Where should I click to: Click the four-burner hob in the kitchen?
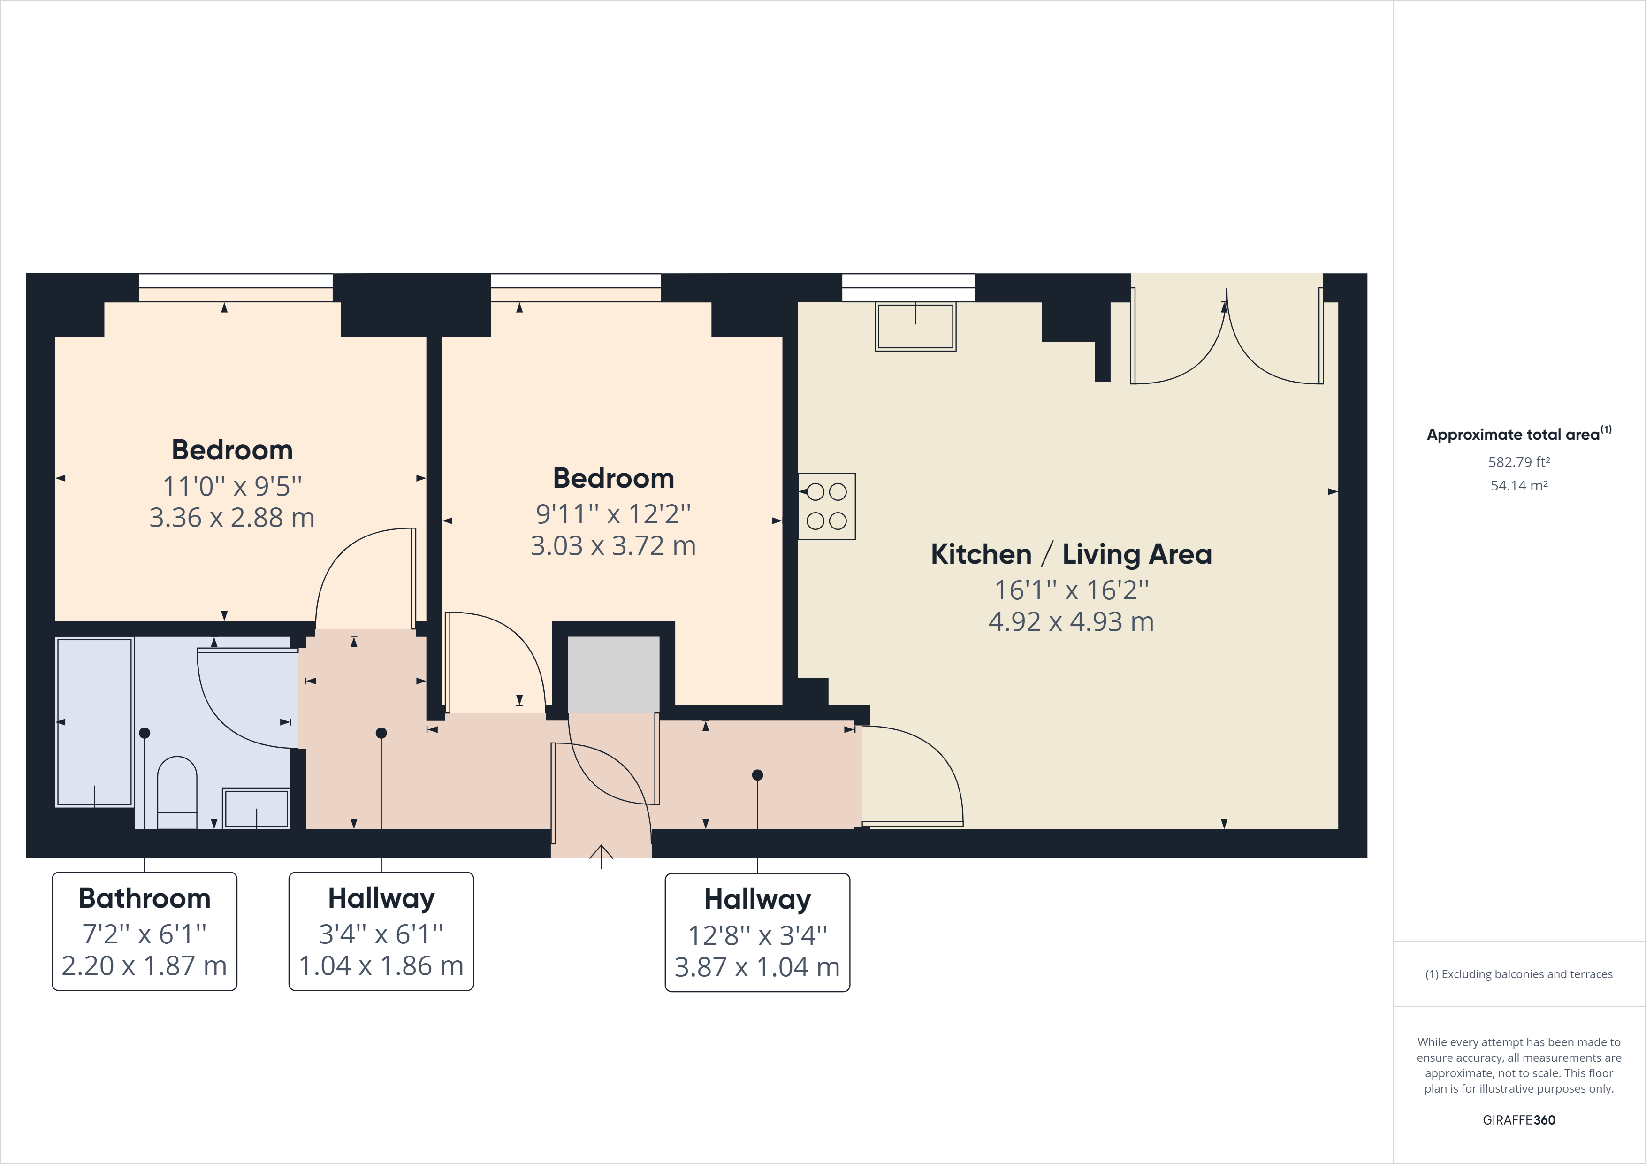point(827,506)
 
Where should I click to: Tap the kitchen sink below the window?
point(915,326)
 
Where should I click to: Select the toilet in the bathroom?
point(176,792)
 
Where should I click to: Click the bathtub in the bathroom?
point(94,722)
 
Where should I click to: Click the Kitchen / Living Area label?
point(1071,554)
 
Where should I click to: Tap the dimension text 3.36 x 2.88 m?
point(232,518)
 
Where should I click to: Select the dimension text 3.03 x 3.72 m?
point(613,546)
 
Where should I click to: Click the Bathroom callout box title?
point(144,898)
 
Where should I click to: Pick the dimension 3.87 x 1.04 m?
point(757,967)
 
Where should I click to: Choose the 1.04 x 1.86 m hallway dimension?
point(381,966)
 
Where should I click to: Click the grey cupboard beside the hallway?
point(613,674)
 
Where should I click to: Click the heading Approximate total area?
point(1513,435)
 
